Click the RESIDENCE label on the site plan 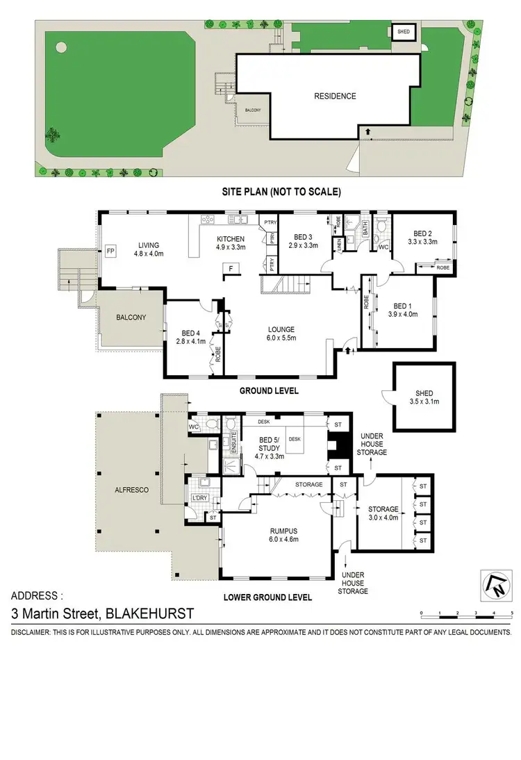click(x=335, y=97)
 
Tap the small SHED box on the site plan click(x=403, y=32)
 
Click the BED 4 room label click(x=190, y=333)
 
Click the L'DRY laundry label click(x=199, y=498)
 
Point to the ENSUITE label click(x=235, y=442)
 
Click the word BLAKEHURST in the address click(x=149, y=613)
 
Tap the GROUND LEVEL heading click(x=269, y=391)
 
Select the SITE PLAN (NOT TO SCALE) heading click(x=281, y=191)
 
